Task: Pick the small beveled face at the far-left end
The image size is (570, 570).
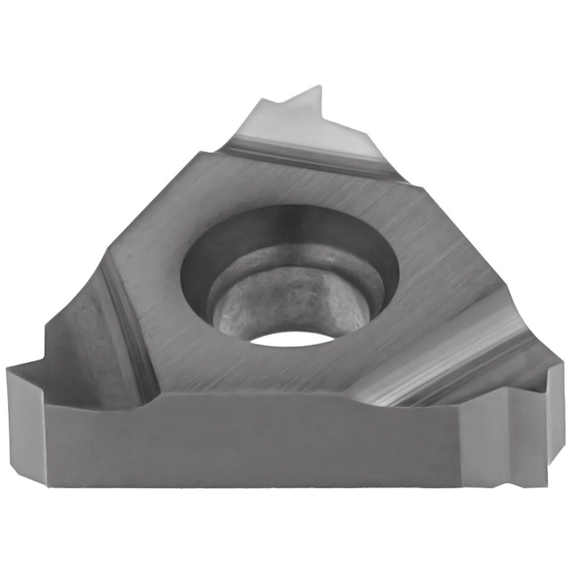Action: click(x=25, y=423)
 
